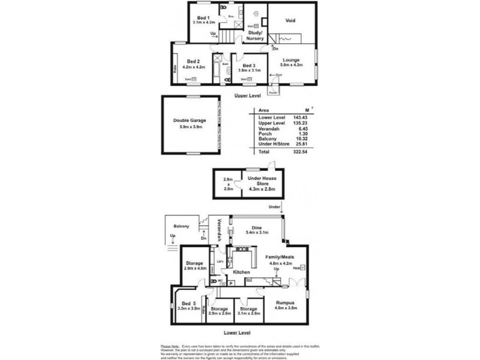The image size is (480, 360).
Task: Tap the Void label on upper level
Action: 290,19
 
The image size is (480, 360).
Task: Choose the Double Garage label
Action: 185,120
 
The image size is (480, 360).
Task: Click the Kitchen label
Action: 241,272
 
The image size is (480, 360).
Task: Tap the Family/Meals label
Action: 281,256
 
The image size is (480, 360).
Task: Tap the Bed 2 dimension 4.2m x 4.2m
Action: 193,67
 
